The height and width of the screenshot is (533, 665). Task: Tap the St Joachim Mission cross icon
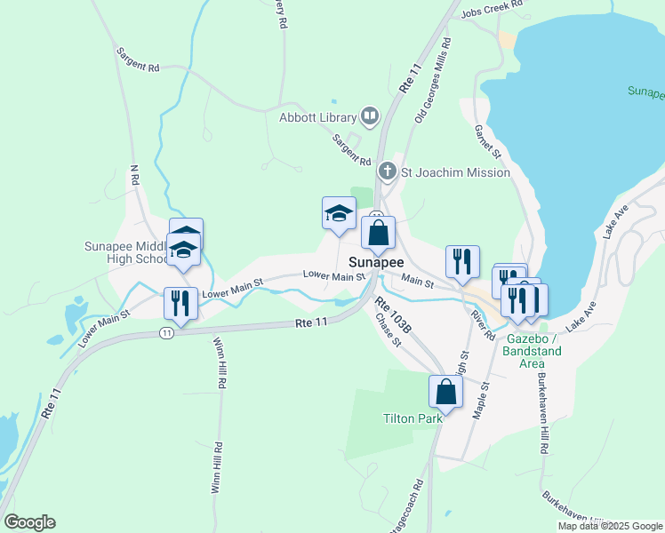387,171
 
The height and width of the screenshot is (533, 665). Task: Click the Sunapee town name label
376,263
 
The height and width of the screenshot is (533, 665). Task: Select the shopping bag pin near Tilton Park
445,391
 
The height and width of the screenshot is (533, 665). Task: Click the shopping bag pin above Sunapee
378,235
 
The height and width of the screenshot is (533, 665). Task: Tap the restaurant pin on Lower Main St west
180,303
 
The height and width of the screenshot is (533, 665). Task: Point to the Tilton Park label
413,418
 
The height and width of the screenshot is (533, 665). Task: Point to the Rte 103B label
393,316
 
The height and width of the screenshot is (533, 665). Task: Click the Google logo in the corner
29,521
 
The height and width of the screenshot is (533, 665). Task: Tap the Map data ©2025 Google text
609,526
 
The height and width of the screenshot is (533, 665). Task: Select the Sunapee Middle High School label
124,252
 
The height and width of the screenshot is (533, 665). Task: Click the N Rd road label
135,176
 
